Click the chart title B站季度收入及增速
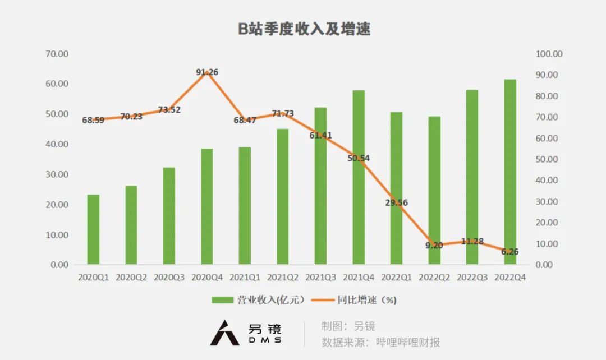pyautogui.click(x=304, y=30)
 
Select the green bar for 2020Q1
pyautogui.click(x=93, y=229)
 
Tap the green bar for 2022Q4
pyautogui.click(x=510, y=172)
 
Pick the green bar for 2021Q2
pyautogui.click(x=282, y=196)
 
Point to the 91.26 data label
pyautogui.click(x=207, y=72)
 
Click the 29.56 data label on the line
pyautogui.click(x=397, y=203)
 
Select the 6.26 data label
pyautogui.click(x=510, y=252)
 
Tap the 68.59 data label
pyautogui.click(x=93, y=120)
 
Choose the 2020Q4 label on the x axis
pyautogui.click(x=207, y=277)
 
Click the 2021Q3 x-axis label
pyautogui.click(x=320, y=277)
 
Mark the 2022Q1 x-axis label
pyautogui.click(x=397, y=277)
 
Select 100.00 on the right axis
pyautogui.click(x=549, y=54)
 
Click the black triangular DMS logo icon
pyautogui.click(x=224, y=333)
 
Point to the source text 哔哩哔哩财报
pyautogui.click(x=408, y=342)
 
